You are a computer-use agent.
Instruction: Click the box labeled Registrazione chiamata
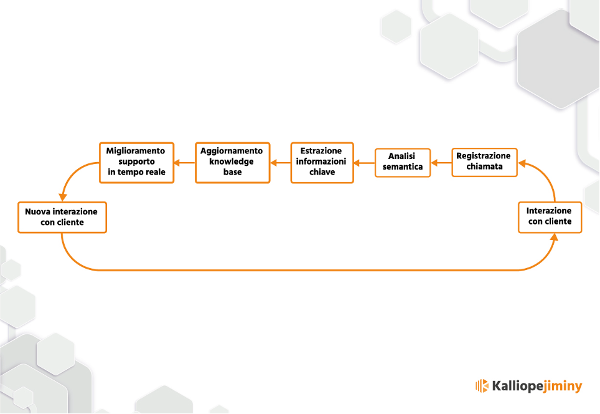(484, 163)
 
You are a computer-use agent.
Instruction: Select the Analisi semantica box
(403, 163)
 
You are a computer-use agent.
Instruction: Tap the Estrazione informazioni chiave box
(322, 163)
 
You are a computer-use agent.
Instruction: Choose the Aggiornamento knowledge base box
(232, 163)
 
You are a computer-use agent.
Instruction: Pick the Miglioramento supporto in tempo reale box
(136, 163)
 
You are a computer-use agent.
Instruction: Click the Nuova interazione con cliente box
(62, 218)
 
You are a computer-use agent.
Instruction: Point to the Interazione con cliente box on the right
(550, 218)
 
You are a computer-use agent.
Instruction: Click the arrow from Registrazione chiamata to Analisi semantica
(441, 163)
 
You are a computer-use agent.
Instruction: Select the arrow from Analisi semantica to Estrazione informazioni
(364, 163)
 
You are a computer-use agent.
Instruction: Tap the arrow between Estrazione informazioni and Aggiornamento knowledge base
(281, 163)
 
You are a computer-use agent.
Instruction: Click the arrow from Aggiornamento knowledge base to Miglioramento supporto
(184, 163)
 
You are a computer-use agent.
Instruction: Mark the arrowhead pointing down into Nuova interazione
(63, 198)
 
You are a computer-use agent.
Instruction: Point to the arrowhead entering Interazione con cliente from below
(554, 238)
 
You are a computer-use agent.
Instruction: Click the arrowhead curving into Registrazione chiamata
(522, 164)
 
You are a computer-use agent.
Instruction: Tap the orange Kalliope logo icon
(482, 386)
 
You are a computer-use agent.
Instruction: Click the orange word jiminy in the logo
(563, 387)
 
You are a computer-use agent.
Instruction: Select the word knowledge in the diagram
(232, 161)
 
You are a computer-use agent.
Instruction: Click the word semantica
(403, 166)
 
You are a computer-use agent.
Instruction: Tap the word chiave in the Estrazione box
(322, 172)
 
